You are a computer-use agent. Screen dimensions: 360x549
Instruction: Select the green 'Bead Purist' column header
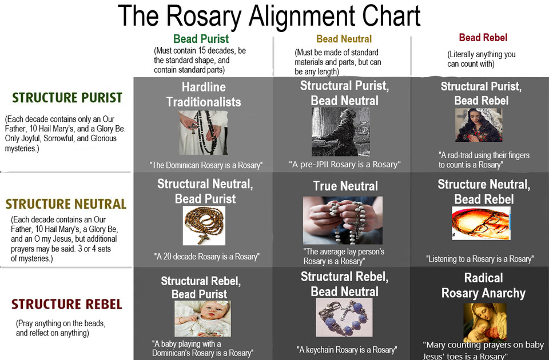(x=201, y=39)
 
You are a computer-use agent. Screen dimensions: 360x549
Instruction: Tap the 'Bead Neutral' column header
(x=344, y=39)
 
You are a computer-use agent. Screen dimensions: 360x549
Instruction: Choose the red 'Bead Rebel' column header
(x=483, y=38)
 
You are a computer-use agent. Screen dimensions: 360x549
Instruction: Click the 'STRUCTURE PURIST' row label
(x=67, y=98)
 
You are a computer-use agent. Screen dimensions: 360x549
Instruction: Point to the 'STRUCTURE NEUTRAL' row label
(x=66, y=204)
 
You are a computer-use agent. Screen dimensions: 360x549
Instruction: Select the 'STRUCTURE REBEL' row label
(x=66, y=304)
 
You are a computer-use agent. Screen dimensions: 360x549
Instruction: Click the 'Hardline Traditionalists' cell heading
(x=204, y=95)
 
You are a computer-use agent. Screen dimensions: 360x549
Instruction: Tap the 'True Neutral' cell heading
(x=345, y=186)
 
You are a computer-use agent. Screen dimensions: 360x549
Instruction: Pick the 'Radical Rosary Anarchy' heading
(x=483, y=286)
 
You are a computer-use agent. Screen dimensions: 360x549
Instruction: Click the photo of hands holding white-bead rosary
(x=343, y=220)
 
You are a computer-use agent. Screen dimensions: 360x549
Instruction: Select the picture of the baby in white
(x=202, y=318)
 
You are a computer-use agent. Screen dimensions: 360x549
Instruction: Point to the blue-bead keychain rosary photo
(x=344, y=317)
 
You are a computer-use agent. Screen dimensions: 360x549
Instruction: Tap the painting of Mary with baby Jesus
(x=484, y=322)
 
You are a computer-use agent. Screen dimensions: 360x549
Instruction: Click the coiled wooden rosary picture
(x=204, y=225)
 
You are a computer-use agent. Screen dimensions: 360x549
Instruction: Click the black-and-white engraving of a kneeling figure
(x=340, y=132)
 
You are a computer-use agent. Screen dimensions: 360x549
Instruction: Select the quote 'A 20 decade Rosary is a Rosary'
(x=206, y=257)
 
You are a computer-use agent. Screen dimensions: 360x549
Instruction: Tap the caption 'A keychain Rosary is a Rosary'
(x=346, y=350)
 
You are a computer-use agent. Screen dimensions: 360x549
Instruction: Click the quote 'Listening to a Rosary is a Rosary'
(x=479, y=259)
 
